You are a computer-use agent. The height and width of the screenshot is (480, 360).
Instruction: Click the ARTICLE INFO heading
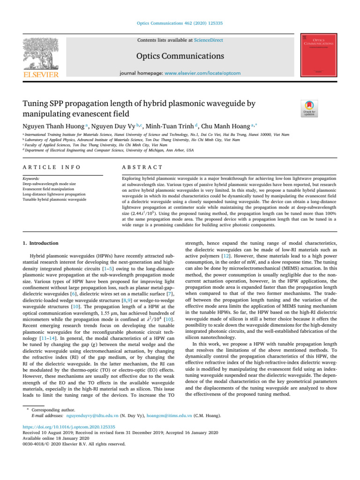(x=51, y=167)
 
